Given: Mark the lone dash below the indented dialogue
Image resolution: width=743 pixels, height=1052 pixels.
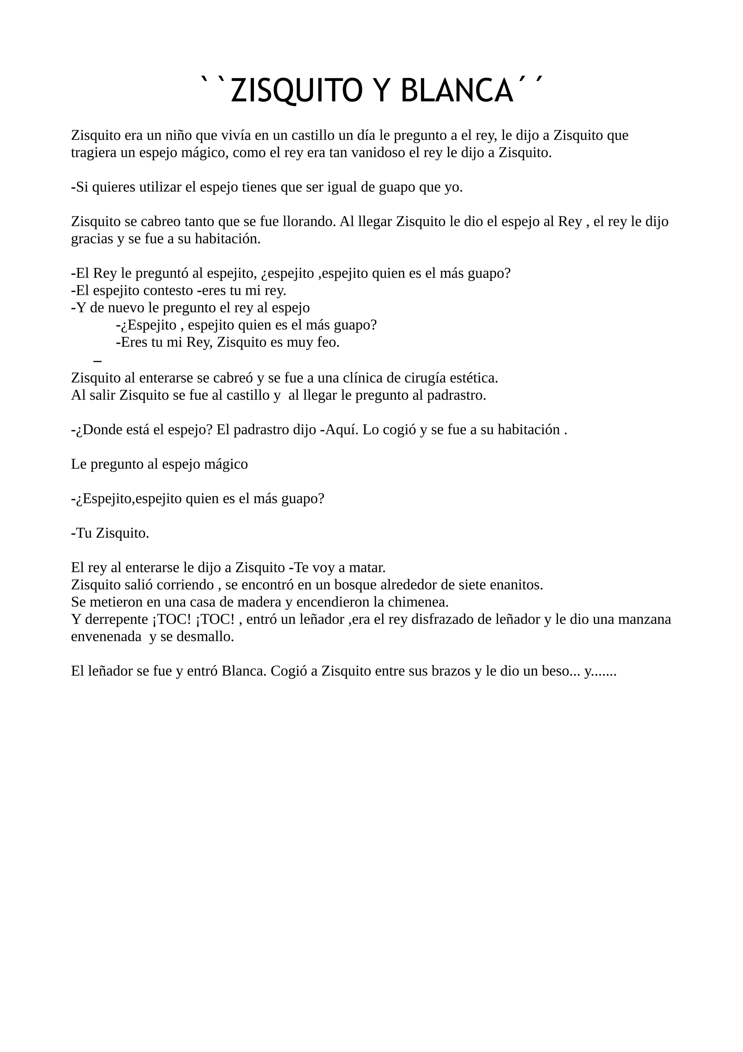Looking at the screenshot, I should coord(97,361).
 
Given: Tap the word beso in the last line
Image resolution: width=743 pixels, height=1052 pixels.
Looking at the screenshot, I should coord(563,671).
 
